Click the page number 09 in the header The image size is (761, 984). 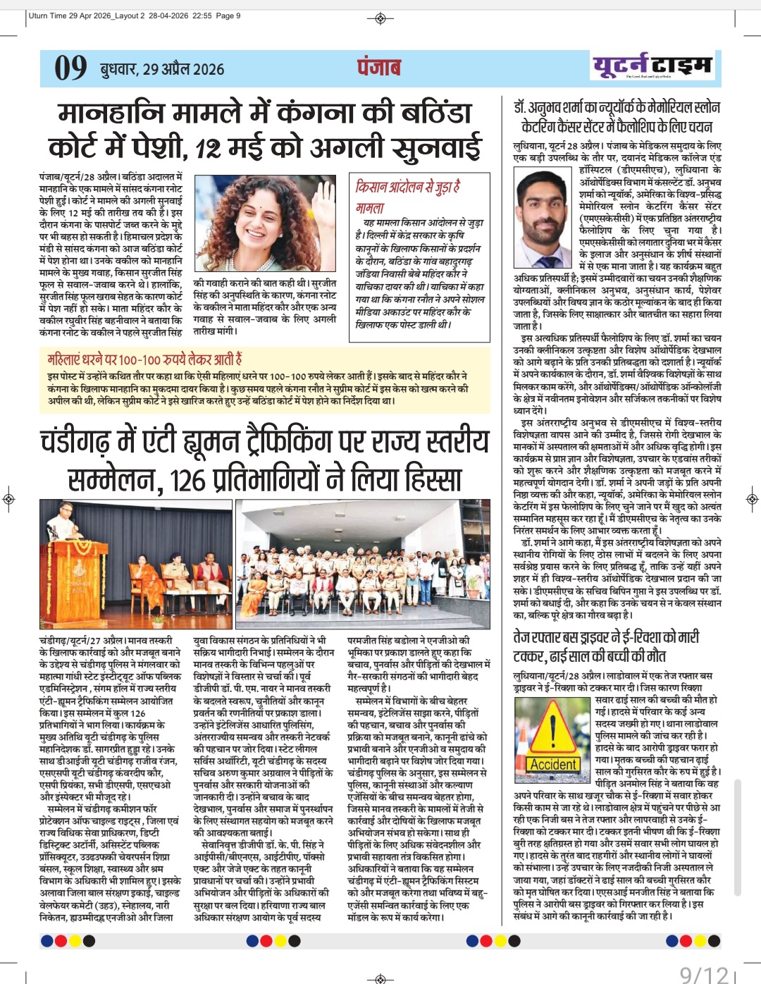coord(70,68)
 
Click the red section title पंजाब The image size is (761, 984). coord(378,67)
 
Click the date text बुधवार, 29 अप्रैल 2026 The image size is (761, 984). coord(162,69)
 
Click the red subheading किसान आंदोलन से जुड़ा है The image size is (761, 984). coord(408,187)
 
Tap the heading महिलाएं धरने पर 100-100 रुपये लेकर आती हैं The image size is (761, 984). coord(144,359)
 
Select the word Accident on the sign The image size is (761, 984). coord(553,765)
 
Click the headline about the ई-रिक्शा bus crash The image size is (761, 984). coord(606,646)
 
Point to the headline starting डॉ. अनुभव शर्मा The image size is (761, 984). coord(617,117)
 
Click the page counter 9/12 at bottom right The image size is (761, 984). coord(703,973)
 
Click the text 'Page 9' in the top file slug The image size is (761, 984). coord(228,16)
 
